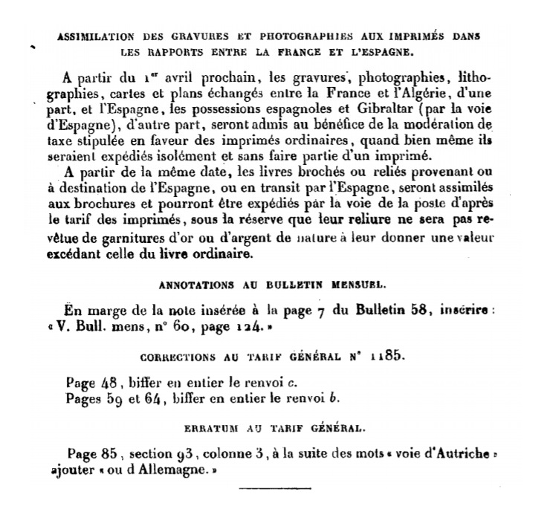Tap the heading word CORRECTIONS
(193, 357)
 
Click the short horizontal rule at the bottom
(274, 488)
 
